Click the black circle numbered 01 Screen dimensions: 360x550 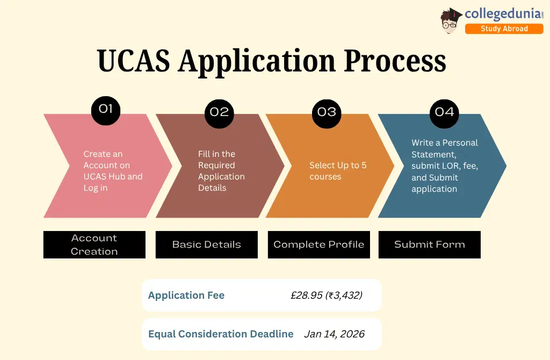106,110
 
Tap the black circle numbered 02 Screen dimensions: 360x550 219,112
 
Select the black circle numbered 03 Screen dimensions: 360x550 327,112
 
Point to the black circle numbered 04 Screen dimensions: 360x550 444,112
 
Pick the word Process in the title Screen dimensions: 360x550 395,61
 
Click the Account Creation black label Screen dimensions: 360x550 94,244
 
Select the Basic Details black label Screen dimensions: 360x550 206,244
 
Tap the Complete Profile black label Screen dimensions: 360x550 319,244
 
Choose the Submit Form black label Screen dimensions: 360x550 429,244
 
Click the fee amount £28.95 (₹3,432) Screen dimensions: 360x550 326,295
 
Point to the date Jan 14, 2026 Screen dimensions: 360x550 334,334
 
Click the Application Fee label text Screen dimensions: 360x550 186,295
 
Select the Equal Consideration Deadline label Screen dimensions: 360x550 221,334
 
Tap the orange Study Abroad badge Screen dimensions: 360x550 504,28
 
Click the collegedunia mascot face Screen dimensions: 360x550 451,23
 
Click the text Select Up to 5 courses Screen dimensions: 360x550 338,171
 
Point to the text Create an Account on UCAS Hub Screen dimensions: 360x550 113,165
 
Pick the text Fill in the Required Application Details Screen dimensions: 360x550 221,171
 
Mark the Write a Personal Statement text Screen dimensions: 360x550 445,148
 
